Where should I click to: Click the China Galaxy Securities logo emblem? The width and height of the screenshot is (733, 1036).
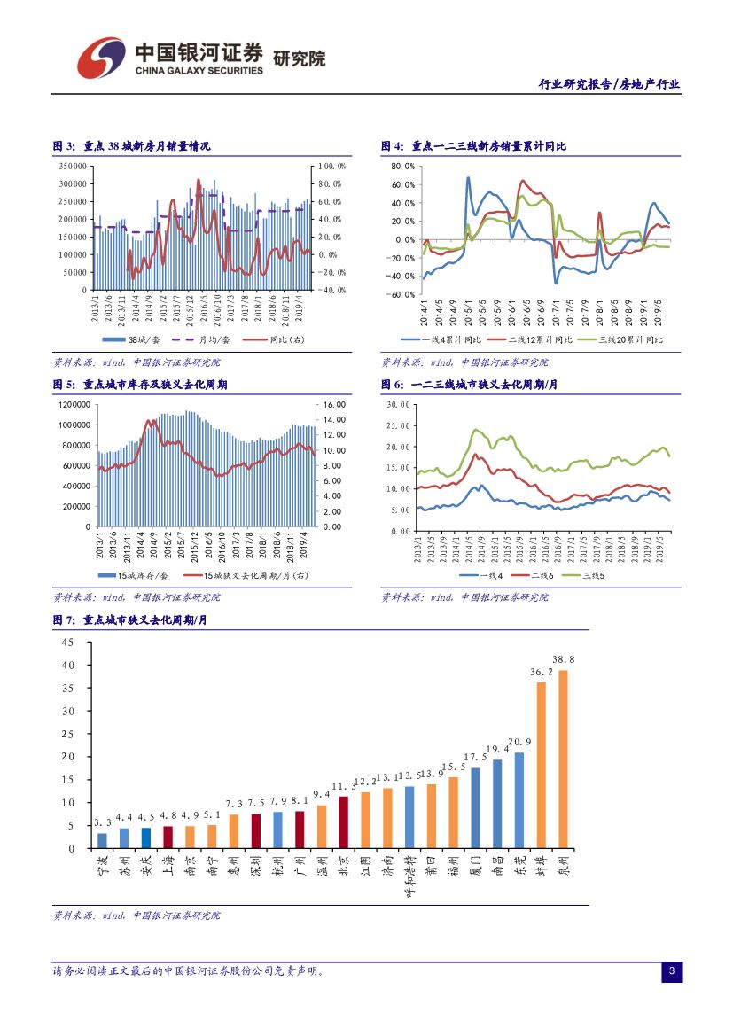tap(99, 58)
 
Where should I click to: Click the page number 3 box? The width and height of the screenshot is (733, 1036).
tap(671, 972)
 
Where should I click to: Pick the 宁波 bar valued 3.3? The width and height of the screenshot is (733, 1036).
tap(102, 840)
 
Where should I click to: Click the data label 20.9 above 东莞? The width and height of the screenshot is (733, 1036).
tap(519, 742)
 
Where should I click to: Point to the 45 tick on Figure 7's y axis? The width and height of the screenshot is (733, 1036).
tap(68, 642)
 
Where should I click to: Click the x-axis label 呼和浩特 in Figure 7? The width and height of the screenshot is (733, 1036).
tap(409, 877)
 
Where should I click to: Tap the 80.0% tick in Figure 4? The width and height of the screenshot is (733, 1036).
tap(402, 166)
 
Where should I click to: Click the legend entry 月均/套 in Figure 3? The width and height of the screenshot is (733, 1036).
tap(209, 339)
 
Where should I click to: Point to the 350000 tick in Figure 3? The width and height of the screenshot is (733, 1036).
tap(73, 166)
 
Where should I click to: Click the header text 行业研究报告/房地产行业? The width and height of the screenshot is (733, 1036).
tap(610, 84)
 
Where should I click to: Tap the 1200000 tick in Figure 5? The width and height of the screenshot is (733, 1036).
tap(74, 404)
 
